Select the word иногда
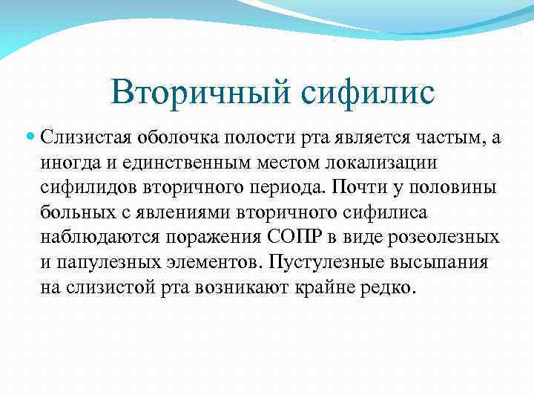coord(67,162)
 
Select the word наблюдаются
coord(94,238)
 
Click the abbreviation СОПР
coord(284,238)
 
